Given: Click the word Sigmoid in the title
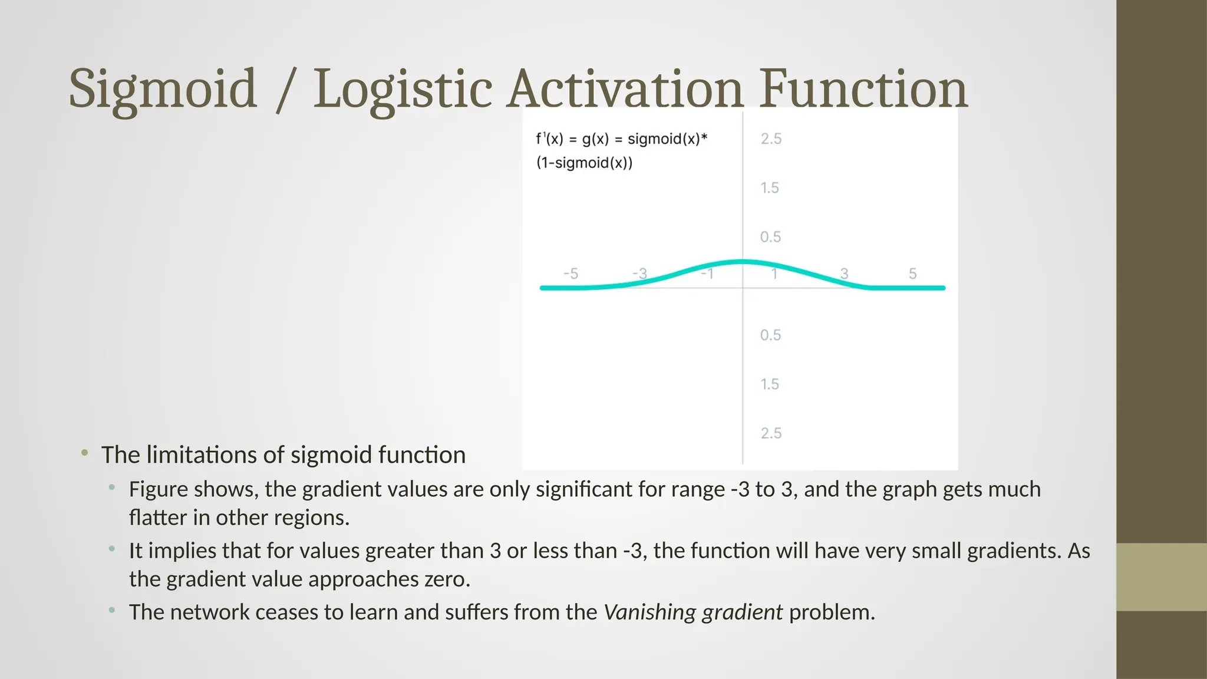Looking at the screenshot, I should (x=163, y=90).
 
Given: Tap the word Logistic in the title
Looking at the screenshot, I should (x=402, y=90).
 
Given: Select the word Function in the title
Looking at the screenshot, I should (x=863, y=90).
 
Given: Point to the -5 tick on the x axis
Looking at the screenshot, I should (x=570, y=274).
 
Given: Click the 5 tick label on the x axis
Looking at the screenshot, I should (x=912, y=273).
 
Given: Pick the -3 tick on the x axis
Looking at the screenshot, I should (x=639, y=274).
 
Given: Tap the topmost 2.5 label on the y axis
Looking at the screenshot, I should (x=771, y=139).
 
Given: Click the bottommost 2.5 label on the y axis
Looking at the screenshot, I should (x=771, y=433).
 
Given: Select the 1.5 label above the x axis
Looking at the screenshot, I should (x=770, y=188).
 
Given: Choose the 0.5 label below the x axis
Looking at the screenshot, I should (x=770, y=335).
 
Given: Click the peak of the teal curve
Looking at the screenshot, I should (x=743, y=261).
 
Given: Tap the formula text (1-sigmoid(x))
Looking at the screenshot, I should (x=584, y=163).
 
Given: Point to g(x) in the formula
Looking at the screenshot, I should (x=595, y=139).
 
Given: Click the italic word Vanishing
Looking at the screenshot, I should (x=650, y=612).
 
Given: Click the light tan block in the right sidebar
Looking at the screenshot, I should (x=1162, y=577).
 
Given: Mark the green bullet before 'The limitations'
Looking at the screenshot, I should (x=85, y=453).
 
